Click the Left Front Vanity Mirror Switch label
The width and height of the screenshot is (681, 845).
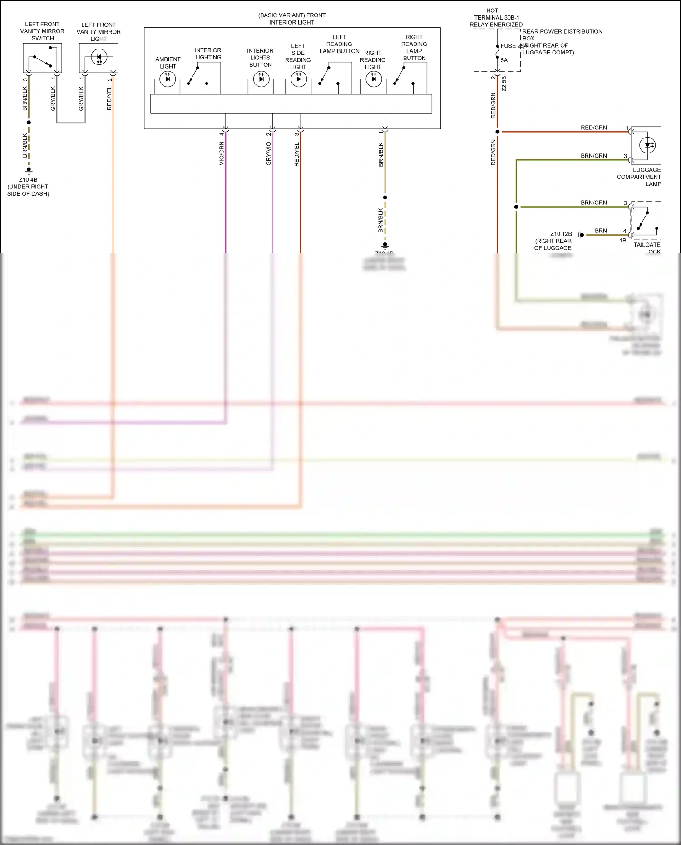(x=42, y=31)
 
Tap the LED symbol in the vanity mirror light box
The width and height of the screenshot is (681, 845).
(x=99, y=58)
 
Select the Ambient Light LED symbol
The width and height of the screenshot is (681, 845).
(x=168, y=79)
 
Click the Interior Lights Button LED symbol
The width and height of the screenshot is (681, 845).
(x=261, y=79)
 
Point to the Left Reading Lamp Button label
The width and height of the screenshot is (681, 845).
(x=339, y=44)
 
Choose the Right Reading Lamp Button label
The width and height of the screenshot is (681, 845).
(x=414, y=48)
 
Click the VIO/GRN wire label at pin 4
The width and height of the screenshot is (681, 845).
(x=222, y=153)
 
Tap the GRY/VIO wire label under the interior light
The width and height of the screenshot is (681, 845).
(x=268, y=153)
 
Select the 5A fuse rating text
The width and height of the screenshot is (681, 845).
(x=504, y=60)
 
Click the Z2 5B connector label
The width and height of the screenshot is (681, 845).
(x=504, y=84)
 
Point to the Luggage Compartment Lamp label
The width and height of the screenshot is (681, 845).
(x=640, y=177)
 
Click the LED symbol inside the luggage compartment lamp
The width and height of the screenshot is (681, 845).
(x=647, y=145)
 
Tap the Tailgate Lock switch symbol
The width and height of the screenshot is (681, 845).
(x=643, y=220)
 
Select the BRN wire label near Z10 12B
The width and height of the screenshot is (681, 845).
(x=601, y=231)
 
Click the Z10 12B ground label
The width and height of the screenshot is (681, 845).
(x=561, y=234)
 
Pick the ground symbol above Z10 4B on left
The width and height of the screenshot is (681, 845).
(x=29, y=171)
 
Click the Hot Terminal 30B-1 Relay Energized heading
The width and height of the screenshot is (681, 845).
(x=496, y=17)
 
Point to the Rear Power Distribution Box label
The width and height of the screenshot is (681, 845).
(x=562, y=35)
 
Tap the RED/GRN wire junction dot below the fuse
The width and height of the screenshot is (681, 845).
(x=498, y=132)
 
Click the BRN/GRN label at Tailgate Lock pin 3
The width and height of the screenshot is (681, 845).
(x=593, y=203)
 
